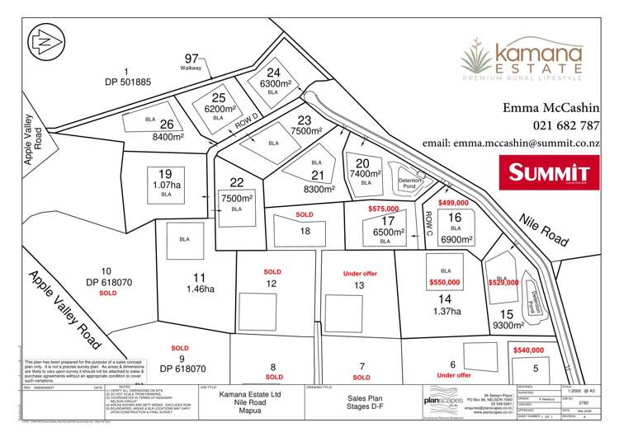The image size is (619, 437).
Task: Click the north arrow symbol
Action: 43,39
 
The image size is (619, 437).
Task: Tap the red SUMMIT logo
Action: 549,173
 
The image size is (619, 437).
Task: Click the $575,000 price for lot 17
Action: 385,210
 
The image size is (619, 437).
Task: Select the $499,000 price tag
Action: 453,203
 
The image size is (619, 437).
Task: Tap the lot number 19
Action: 165,173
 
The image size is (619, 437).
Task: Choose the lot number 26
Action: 166,125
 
